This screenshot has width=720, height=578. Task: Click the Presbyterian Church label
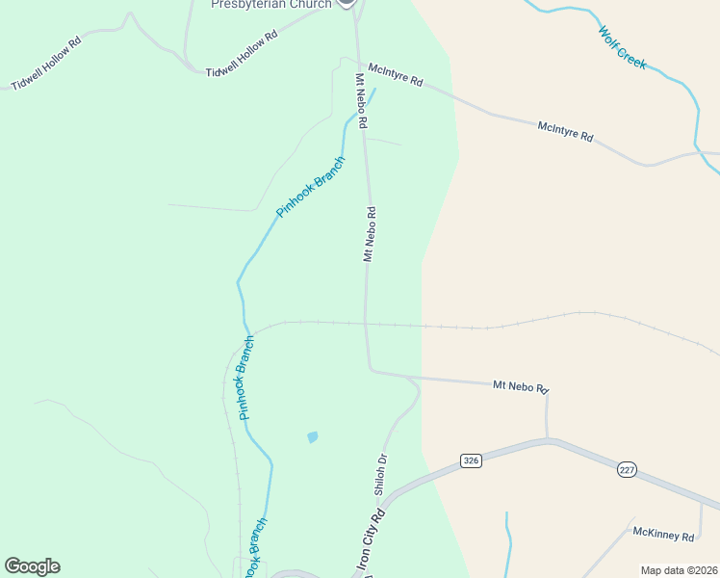pos(271,4)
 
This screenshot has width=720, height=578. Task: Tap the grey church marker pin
pos(347,3)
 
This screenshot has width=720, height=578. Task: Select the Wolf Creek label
pos(622,47)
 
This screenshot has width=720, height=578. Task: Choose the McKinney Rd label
pos(663,535)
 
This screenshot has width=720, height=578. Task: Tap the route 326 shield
pos(470,460)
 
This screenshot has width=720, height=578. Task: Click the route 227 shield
pos(627,469)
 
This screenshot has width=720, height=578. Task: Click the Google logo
pos(32,566)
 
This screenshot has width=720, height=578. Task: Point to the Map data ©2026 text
pos(679,569)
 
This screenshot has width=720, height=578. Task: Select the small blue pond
pos(312,437)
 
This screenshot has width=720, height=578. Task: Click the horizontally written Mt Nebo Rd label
pos(520,386)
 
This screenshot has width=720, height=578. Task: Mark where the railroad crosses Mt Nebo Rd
pos(366,323)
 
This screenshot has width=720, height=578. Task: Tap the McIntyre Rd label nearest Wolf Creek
pos(565,131)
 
